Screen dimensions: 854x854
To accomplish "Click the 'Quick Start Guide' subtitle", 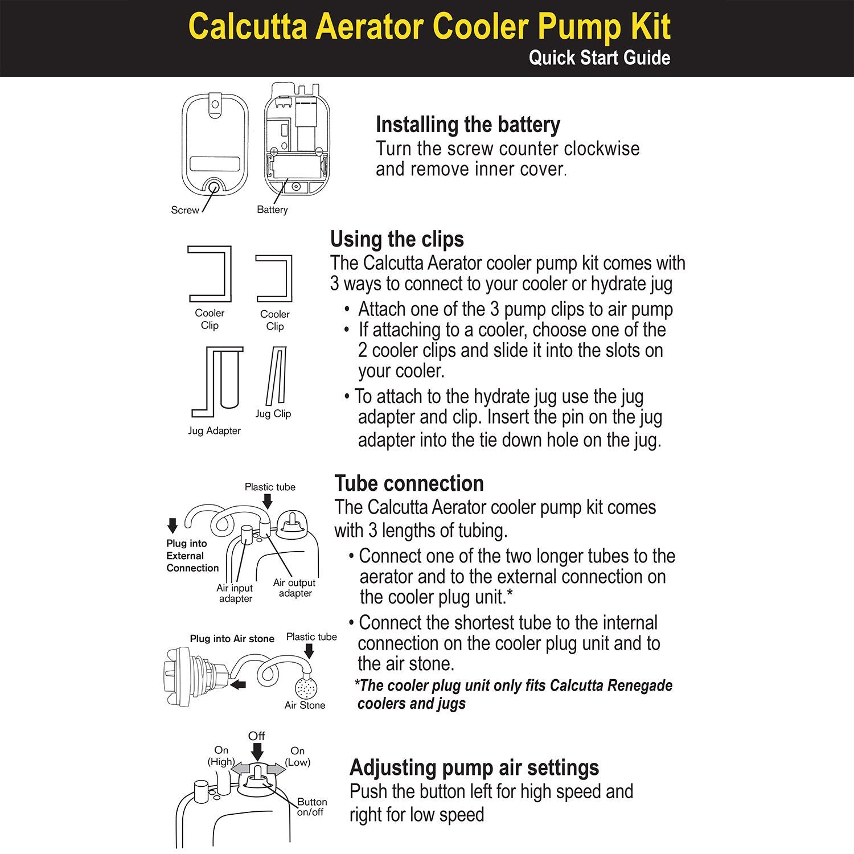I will (599, 58).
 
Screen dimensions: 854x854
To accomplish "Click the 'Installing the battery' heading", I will (467, 125).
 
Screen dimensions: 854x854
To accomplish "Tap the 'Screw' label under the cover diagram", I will (185, 210).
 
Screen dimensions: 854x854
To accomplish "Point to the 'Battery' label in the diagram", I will (272, 210).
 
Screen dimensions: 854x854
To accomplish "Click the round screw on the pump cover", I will (215, 186).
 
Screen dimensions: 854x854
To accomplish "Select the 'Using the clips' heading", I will (397, 239).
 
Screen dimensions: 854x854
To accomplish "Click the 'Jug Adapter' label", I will (214, 431).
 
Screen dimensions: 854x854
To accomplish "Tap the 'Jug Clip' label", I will (273, 414).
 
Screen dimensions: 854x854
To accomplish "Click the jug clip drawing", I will (276, 376).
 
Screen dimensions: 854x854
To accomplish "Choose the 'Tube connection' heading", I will (409, 483).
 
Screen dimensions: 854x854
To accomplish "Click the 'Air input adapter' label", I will (235, 593).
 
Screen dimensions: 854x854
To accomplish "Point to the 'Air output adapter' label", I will (294, 588).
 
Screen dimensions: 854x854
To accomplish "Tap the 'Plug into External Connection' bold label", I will (192, 556).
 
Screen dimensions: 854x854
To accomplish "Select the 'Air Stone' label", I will (305, 705).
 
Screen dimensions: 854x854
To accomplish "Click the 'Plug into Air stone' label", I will (232, 639).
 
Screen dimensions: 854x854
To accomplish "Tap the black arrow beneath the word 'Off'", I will (257, 753).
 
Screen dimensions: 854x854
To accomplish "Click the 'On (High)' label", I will (221, 756).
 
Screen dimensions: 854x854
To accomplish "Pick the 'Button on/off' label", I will (311, 807).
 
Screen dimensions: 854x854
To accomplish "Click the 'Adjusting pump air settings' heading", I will (474, 767).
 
